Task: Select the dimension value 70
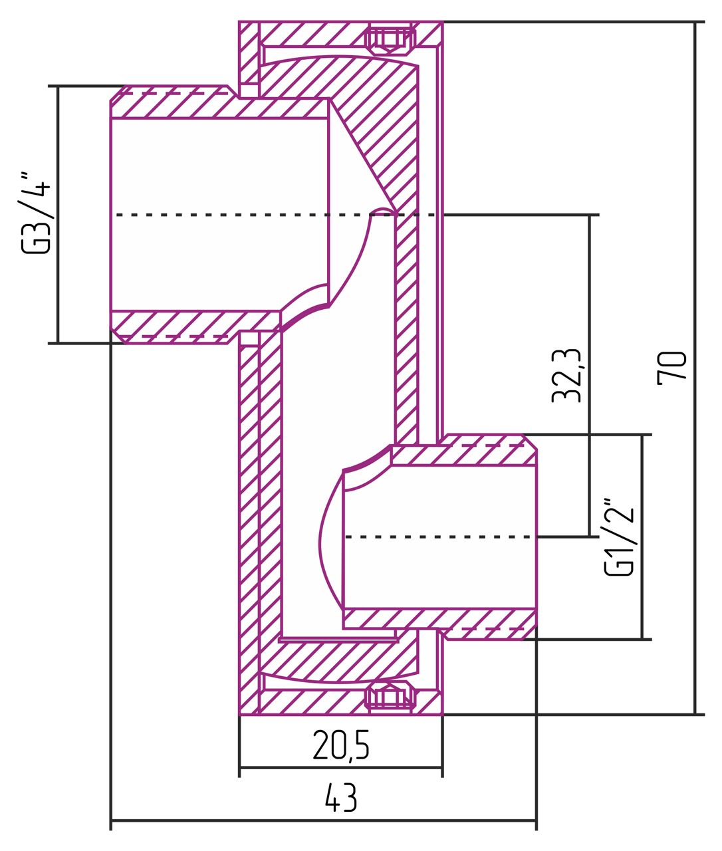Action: pos(671,368)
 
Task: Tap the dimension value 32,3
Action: pos(567,376)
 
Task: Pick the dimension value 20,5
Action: pos(340,746)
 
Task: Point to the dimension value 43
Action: pos(341,798)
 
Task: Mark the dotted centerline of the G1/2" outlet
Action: pos(439,536)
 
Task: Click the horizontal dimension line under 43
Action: pos(323,821)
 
